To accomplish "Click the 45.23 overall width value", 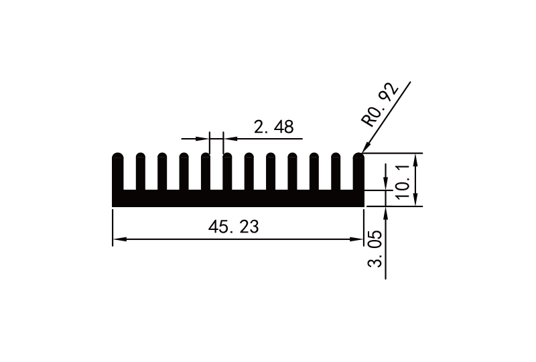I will (233, 227).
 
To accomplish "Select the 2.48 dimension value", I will (273, 127).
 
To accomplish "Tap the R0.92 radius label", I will (380, 105).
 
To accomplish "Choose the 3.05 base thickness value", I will (375, 249).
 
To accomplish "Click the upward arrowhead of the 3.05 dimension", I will (386, 212).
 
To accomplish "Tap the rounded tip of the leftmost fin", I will (117, 156).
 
